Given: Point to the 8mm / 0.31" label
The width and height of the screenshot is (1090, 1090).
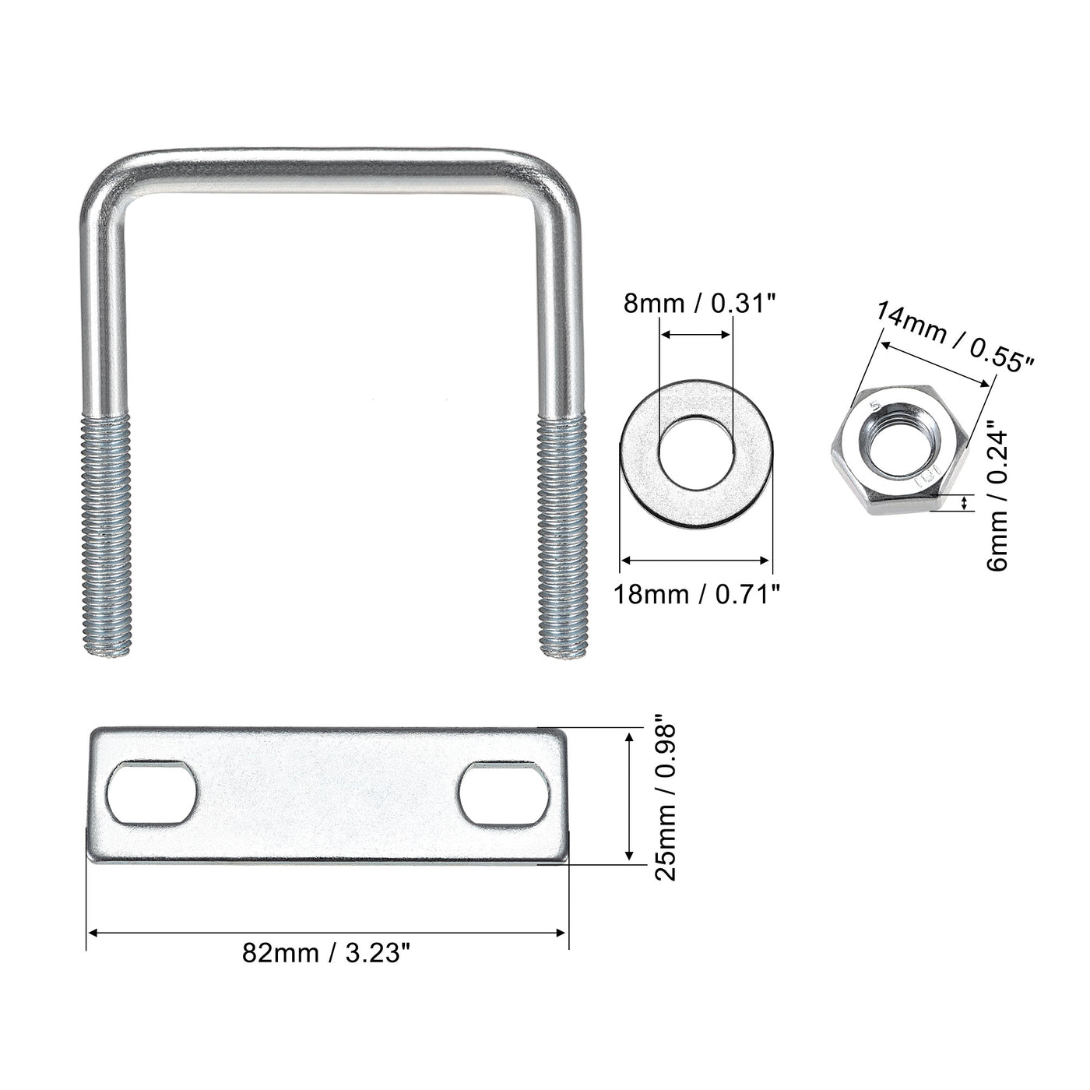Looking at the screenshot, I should pyautogui.click(x=700, y=302).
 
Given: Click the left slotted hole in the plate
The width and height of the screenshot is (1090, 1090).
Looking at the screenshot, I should pyautogui.click(x=152, y=794).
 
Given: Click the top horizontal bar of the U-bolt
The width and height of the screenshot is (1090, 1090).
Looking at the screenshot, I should pyautogui.click(x=331, y=160).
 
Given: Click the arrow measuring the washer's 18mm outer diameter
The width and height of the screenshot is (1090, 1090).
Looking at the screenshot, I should pyautogui.click(x=695, y=559).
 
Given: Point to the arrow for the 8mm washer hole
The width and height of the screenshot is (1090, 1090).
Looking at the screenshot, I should pyautogui.click(x=695, y=335).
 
